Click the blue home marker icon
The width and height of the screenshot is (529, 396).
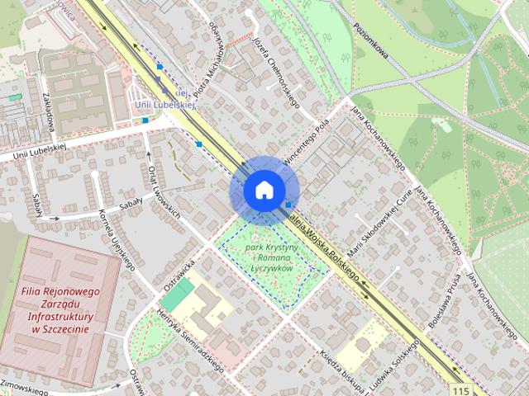point(263,190)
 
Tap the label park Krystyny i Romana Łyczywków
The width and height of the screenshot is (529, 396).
point(269,258)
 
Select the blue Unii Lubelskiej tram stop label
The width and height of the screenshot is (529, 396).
point(165,105)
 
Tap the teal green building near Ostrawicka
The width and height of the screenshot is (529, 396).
point(177,294)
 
